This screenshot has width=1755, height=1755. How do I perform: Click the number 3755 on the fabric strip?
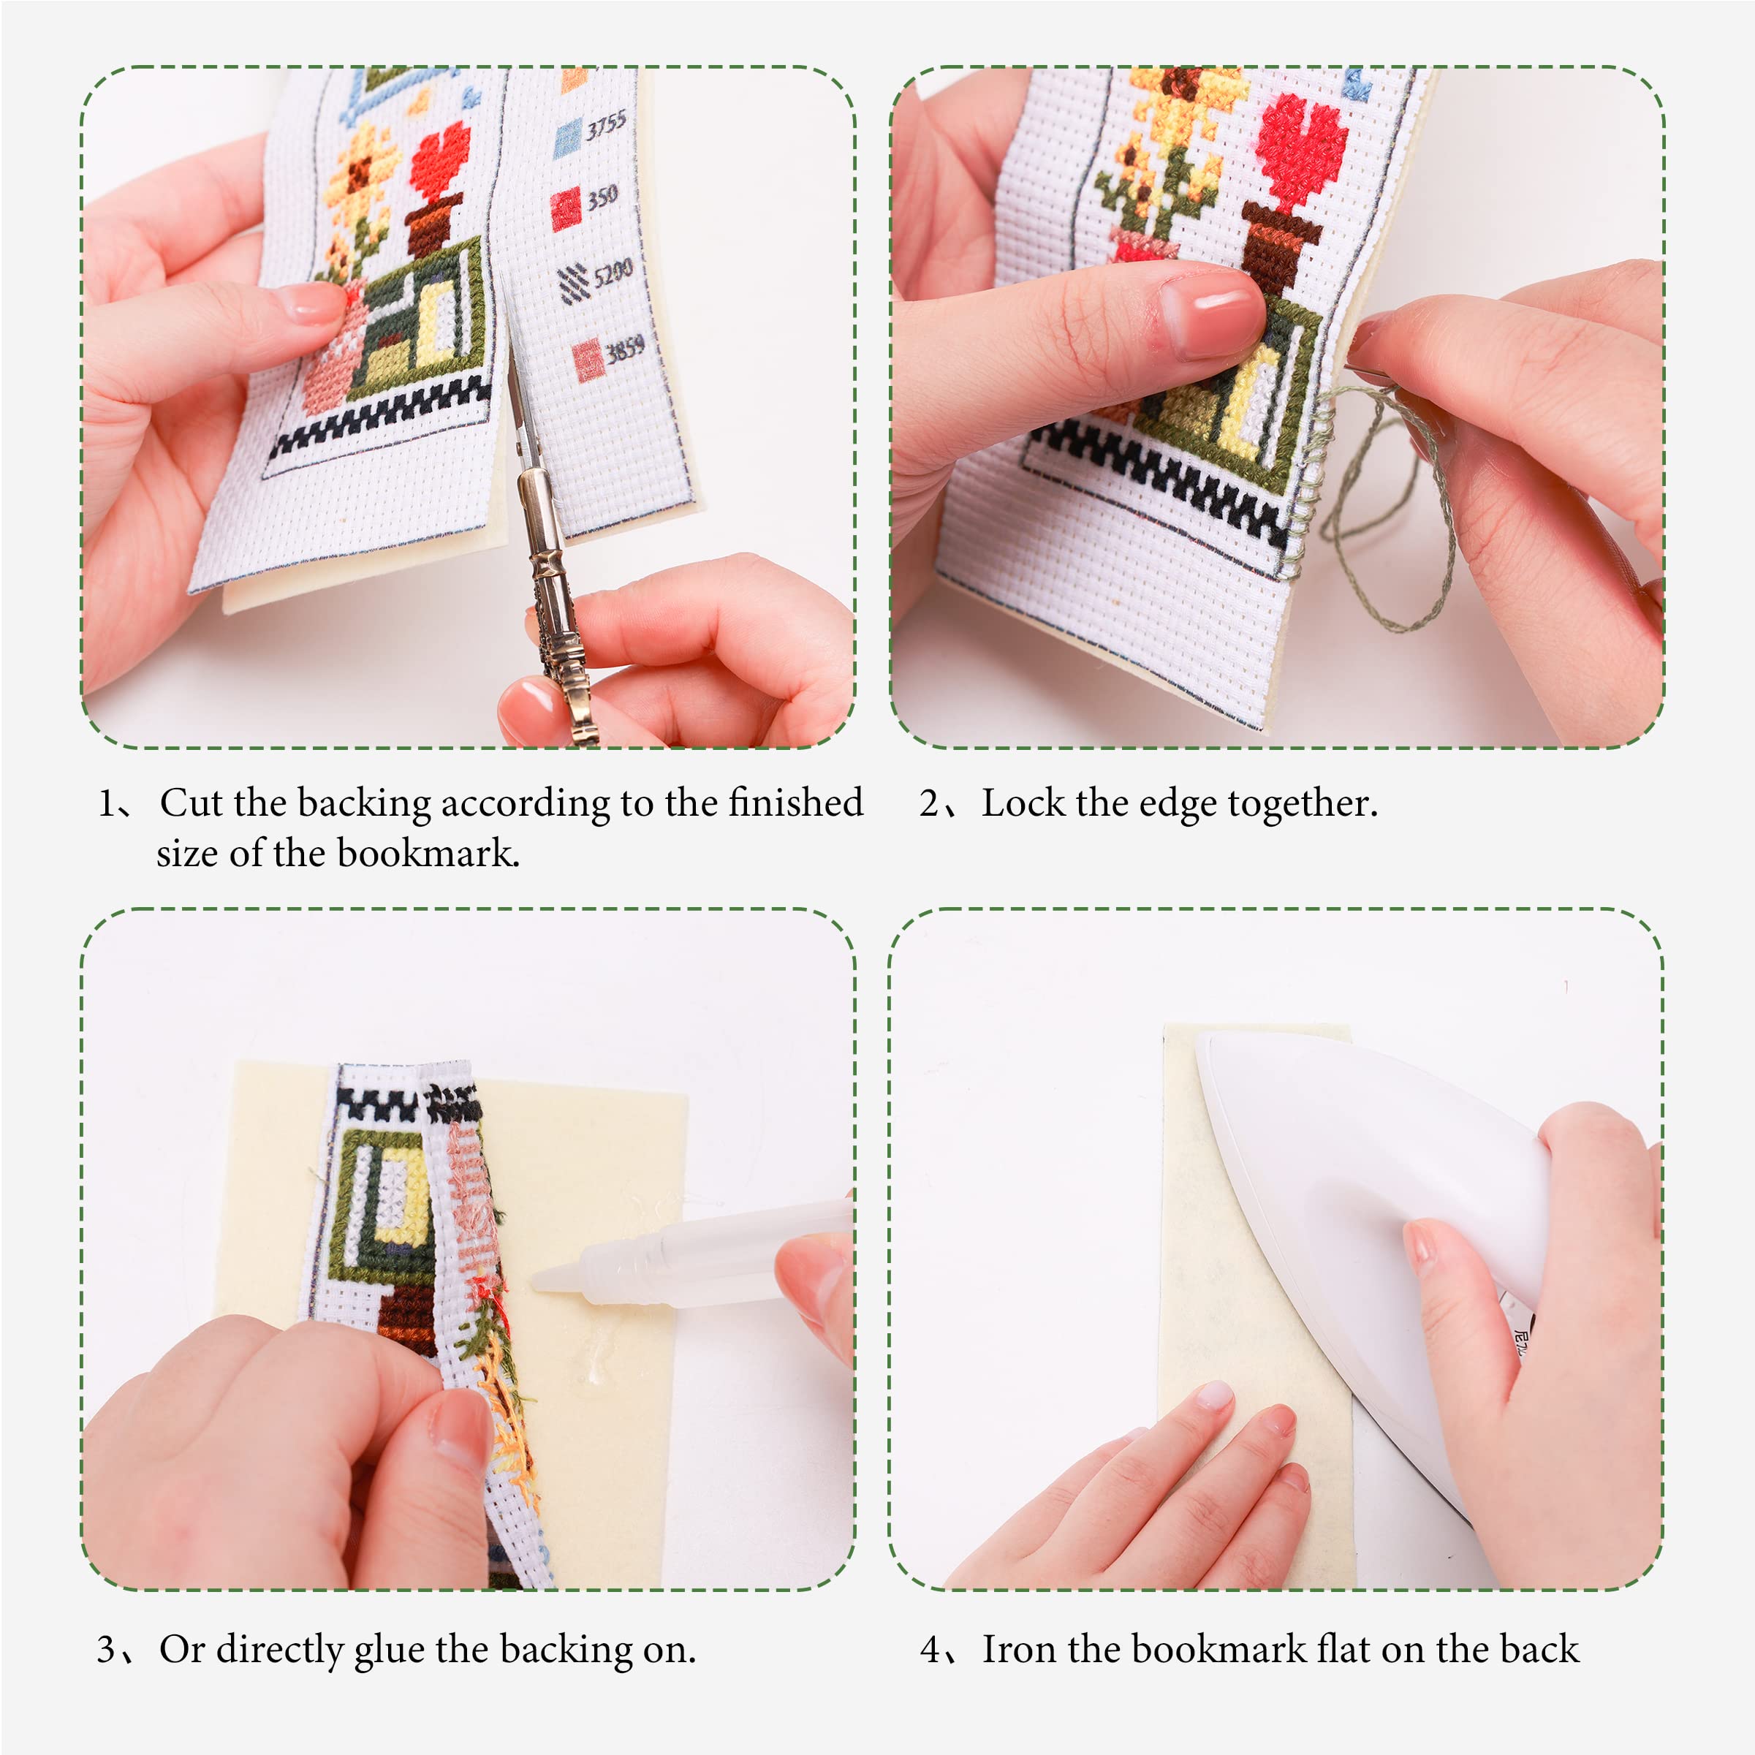pyautogui.click(x=606, y=126)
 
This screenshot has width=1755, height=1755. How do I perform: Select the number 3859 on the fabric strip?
pyautogui.click(x=625, y=348)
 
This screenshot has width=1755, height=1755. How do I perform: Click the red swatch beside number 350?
pyautogui.click(x=565, y=208)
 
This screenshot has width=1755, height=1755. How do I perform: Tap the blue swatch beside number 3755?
pyautogui.click(x=568, y=137)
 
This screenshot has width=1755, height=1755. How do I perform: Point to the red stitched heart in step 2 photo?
pyautogui.click(x=1301, y=150)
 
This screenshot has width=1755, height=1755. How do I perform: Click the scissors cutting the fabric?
pyautogui.click(x=545, y=545)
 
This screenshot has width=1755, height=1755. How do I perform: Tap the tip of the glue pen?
pyautogui.click(x=537, y=1283)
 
